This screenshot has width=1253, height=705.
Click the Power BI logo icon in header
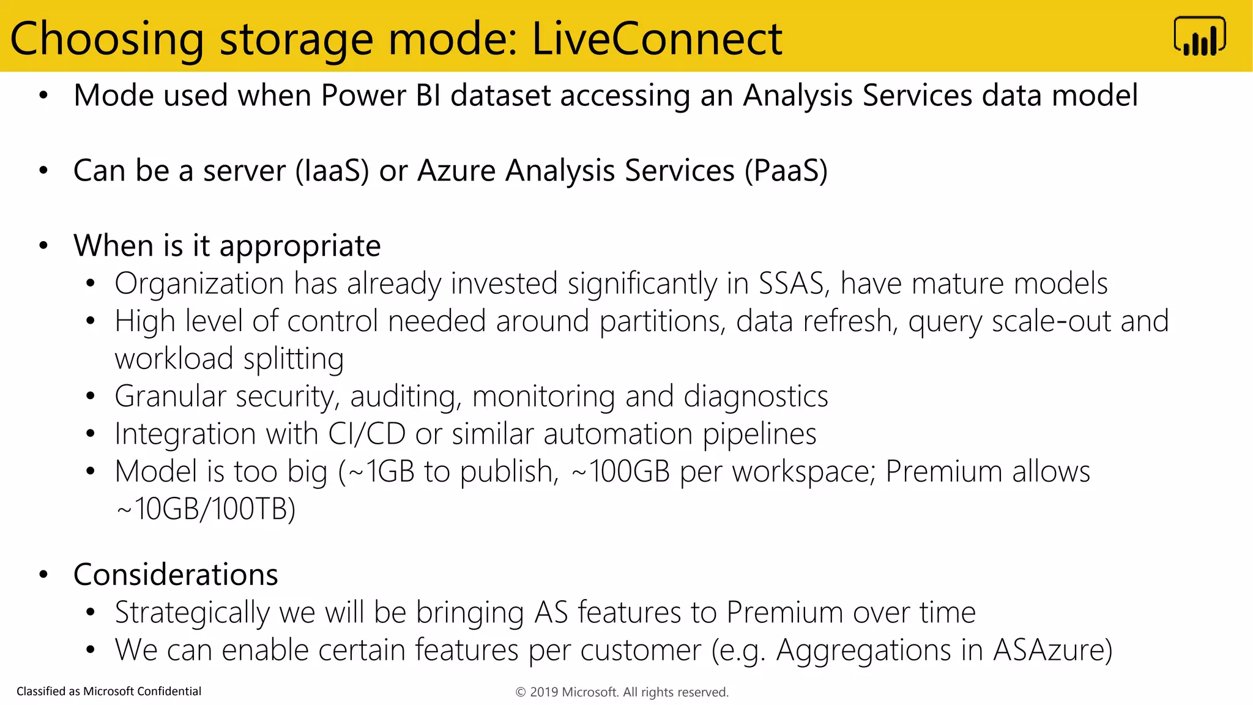tap(1199, 37)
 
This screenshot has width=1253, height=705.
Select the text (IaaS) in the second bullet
tap(332, 170)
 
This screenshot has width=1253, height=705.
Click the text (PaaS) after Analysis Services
tap(786, 170)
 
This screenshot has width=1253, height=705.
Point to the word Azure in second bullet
tap(456, 170)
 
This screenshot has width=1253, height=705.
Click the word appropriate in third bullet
tap(300, 247)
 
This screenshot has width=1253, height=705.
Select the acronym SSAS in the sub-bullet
tap(793, 283)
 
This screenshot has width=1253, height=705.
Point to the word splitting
tap(293, 359)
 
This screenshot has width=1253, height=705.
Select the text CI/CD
tap(366, 434)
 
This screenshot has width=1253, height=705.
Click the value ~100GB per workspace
tap(620, 472)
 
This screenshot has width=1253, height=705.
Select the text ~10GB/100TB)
tap(206, 509)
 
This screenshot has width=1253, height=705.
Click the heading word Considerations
tap(176, 575)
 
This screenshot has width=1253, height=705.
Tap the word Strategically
tap(192, 613)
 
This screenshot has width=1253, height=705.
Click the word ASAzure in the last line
tap(1052, 650)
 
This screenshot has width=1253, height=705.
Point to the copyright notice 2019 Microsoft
tap(622, 692)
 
